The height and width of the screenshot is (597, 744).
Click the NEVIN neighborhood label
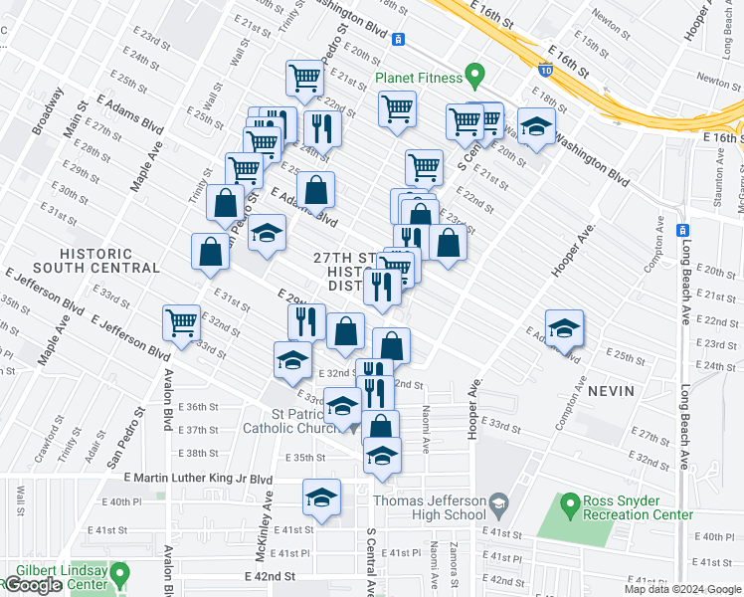[610, 391]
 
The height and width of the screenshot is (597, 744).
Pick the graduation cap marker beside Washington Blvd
[536, 128]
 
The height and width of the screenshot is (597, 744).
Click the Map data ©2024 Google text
[682, 589]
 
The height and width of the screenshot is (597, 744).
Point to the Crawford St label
[40, 444]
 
